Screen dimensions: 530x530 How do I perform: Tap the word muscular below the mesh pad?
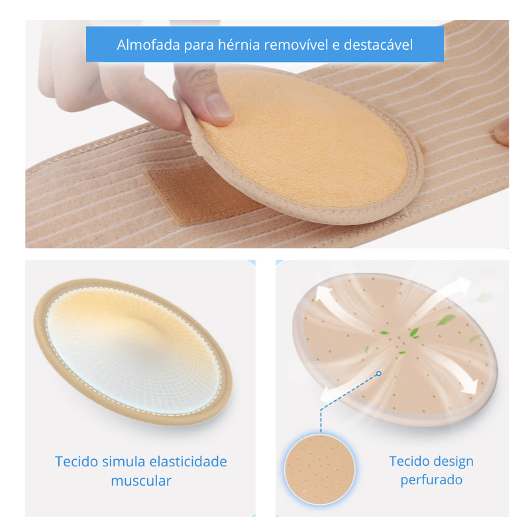tap(141, 480)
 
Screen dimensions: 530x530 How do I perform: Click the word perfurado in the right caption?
tap(431, 480)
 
